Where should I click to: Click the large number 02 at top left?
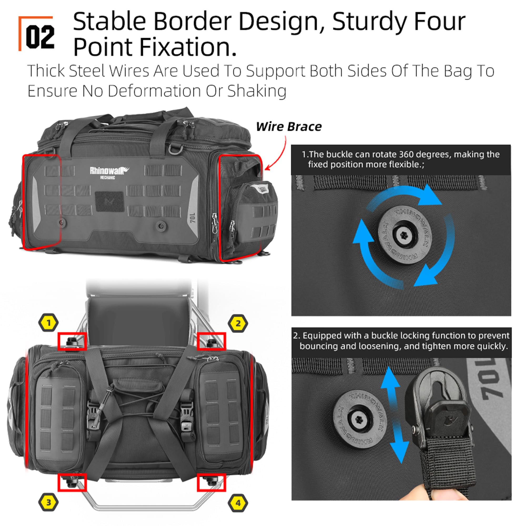[x=40, y=37]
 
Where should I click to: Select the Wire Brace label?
[x=289, y=127]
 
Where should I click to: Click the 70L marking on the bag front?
[x=193, y=218]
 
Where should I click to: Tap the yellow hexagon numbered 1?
[x=48, y=323]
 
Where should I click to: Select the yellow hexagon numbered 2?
[x=238, y=323]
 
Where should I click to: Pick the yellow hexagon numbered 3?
[x=48, y=502]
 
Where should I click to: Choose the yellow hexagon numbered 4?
[x=238, y=503]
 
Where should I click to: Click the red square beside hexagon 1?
[x=72, y=341]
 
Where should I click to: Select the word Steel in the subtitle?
[x=87, y=71]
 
